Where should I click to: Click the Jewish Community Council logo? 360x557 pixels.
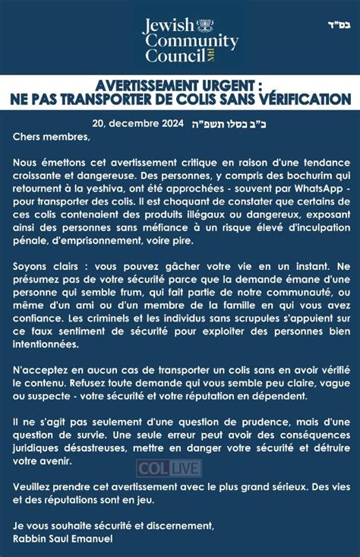click(190, 36)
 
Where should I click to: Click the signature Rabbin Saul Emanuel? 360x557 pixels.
click(62, 539)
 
